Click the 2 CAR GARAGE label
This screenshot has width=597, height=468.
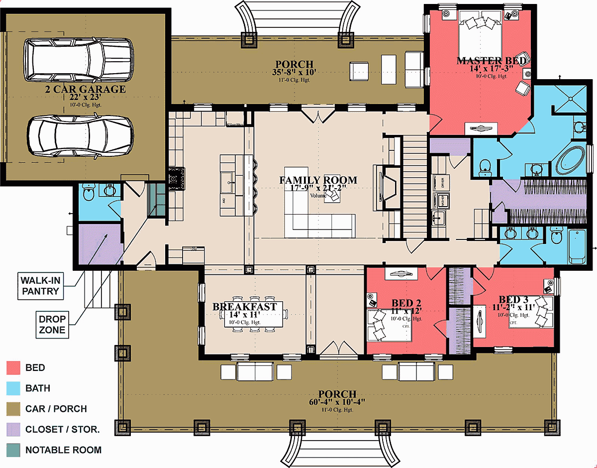tap(84, 90)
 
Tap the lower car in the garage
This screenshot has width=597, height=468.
tap(80, 135)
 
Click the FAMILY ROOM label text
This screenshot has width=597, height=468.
tap(318, 180)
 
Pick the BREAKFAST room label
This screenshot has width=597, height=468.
tap(244, 307)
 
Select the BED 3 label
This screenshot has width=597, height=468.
tap(513, 300)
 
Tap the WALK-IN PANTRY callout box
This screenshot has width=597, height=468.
tap(43, 285)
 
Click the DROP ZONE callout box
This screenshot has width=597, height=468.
tap(53, 323)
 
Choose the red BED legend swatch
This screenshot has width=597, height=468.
tap(13, 368)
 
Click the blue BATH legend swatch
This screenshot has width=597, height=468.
tap(13, 388)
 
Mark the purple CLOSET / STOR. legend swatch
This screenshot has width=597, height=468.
tap(13, 429)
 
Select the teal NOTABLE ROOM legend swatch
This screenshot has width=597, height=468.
tap(13, 450)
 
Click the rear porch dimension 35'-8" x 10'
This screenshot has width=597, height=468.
tap(295, 73)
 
